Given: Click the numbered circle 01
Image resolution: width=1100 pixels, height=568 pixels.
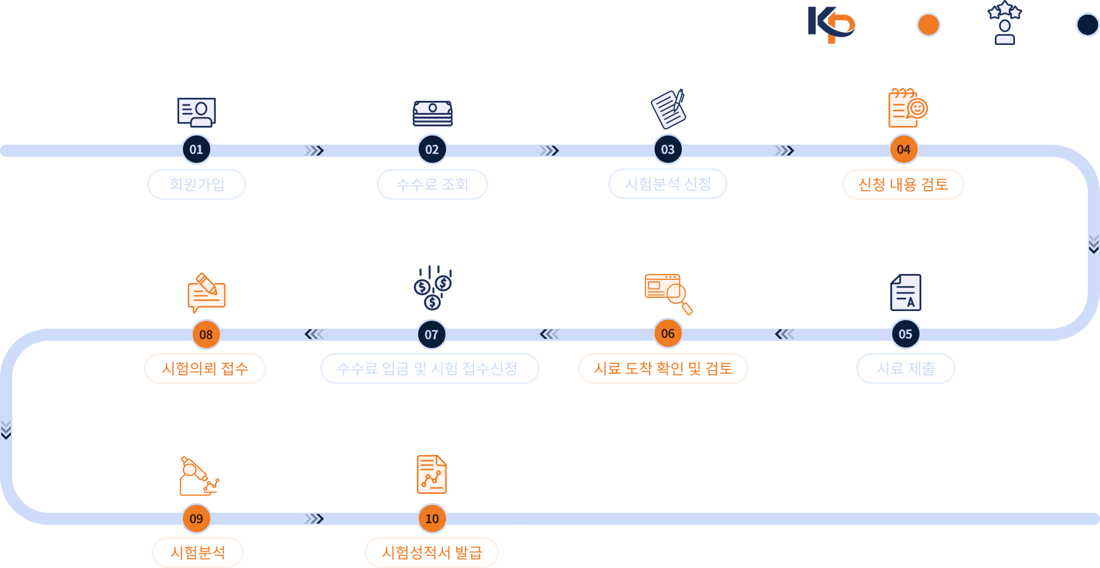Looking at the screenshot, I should pyautogui.click(x=196, y=149).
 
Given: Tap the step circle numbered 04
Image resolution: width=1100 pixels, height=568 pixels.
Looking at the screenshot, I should pyautogui.click(x=904, y=149).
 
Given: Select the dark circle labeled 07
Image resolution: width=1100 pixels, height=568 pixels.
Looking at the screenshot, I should pyautogui.click(x=431, y=334).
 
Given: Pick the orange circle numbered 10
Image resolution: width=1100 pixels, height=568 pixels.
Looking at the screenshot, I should pyautogui.click(x=432, y=519).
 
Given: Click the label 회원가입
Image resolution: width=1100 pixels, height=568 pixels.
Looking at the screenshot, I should pyautogui.click(x=197, y=184).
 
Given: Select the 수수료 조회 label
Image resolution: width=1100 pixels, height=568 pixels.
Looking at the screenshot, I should pyautogui.click(x=432, y=184).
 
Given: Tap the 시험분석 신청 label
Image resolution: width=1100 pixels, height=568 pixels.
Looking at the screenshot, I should pyautogui.click(x=668, y=184).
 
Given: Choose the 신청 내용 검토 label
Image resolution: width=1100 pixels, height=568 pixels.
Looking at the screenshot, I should pyautogui.click(x=903, y=184).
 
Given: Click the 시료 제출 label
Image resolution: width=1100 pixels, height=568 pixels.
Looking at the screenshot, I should pyautogui.click(x=906, y=369).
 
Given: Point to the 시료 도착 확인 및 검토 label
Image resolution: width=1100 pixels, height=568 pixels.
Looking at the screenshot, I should pyautogui.click(x=663, y=369).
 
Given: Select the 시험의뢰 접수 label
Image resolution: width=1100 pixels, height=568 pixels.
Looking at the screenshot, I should pyautogui.click(x=205, y=369).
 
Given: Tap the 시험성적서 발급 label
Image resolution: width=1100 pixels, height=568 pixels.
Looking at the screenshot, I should pyautogui.click(x=431, y=552).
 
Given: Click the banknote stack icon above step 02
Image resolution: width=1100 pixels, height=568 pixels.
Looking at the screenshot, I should pyautogui.click(x=432, y=114).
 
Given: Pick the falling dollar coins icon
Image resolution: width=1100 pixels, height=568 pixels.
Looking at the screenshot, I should pyautogui.click(x=433, y=287).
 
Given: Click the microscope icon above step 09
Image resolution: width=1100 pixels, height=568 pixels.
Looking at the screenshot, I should pyautogui.click(x=198, y=476).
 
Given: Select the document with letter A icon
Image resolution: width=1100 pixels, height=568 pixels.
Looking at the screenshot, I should pyautogui.click(x=906, y=292).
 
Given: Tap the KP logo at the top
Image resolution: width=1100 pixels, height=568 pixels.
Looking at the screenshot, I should pyautogui.click(x=831, y=24).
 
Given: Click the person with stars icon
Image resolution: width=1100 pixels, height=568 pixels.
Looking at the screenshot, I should pyautogui.click(x=1005, y=23).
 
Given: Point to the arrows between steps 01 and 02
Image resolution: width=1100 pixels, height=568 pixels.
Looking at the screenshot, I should pyautogui.click(x=314, y=151).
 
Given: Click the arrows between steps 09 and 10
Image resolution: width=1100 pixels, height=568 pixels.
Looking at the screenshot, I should pyautogui.click(x=314, y=519).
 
